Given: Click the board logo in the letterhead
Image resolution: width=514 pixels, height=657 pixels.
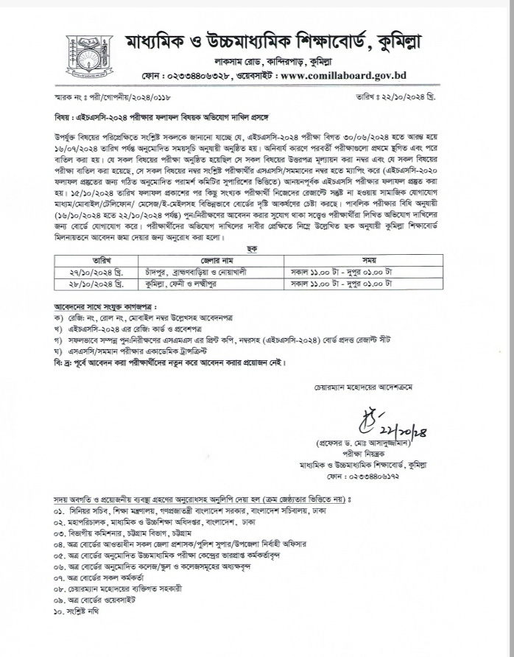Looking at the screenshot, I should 83,57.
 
